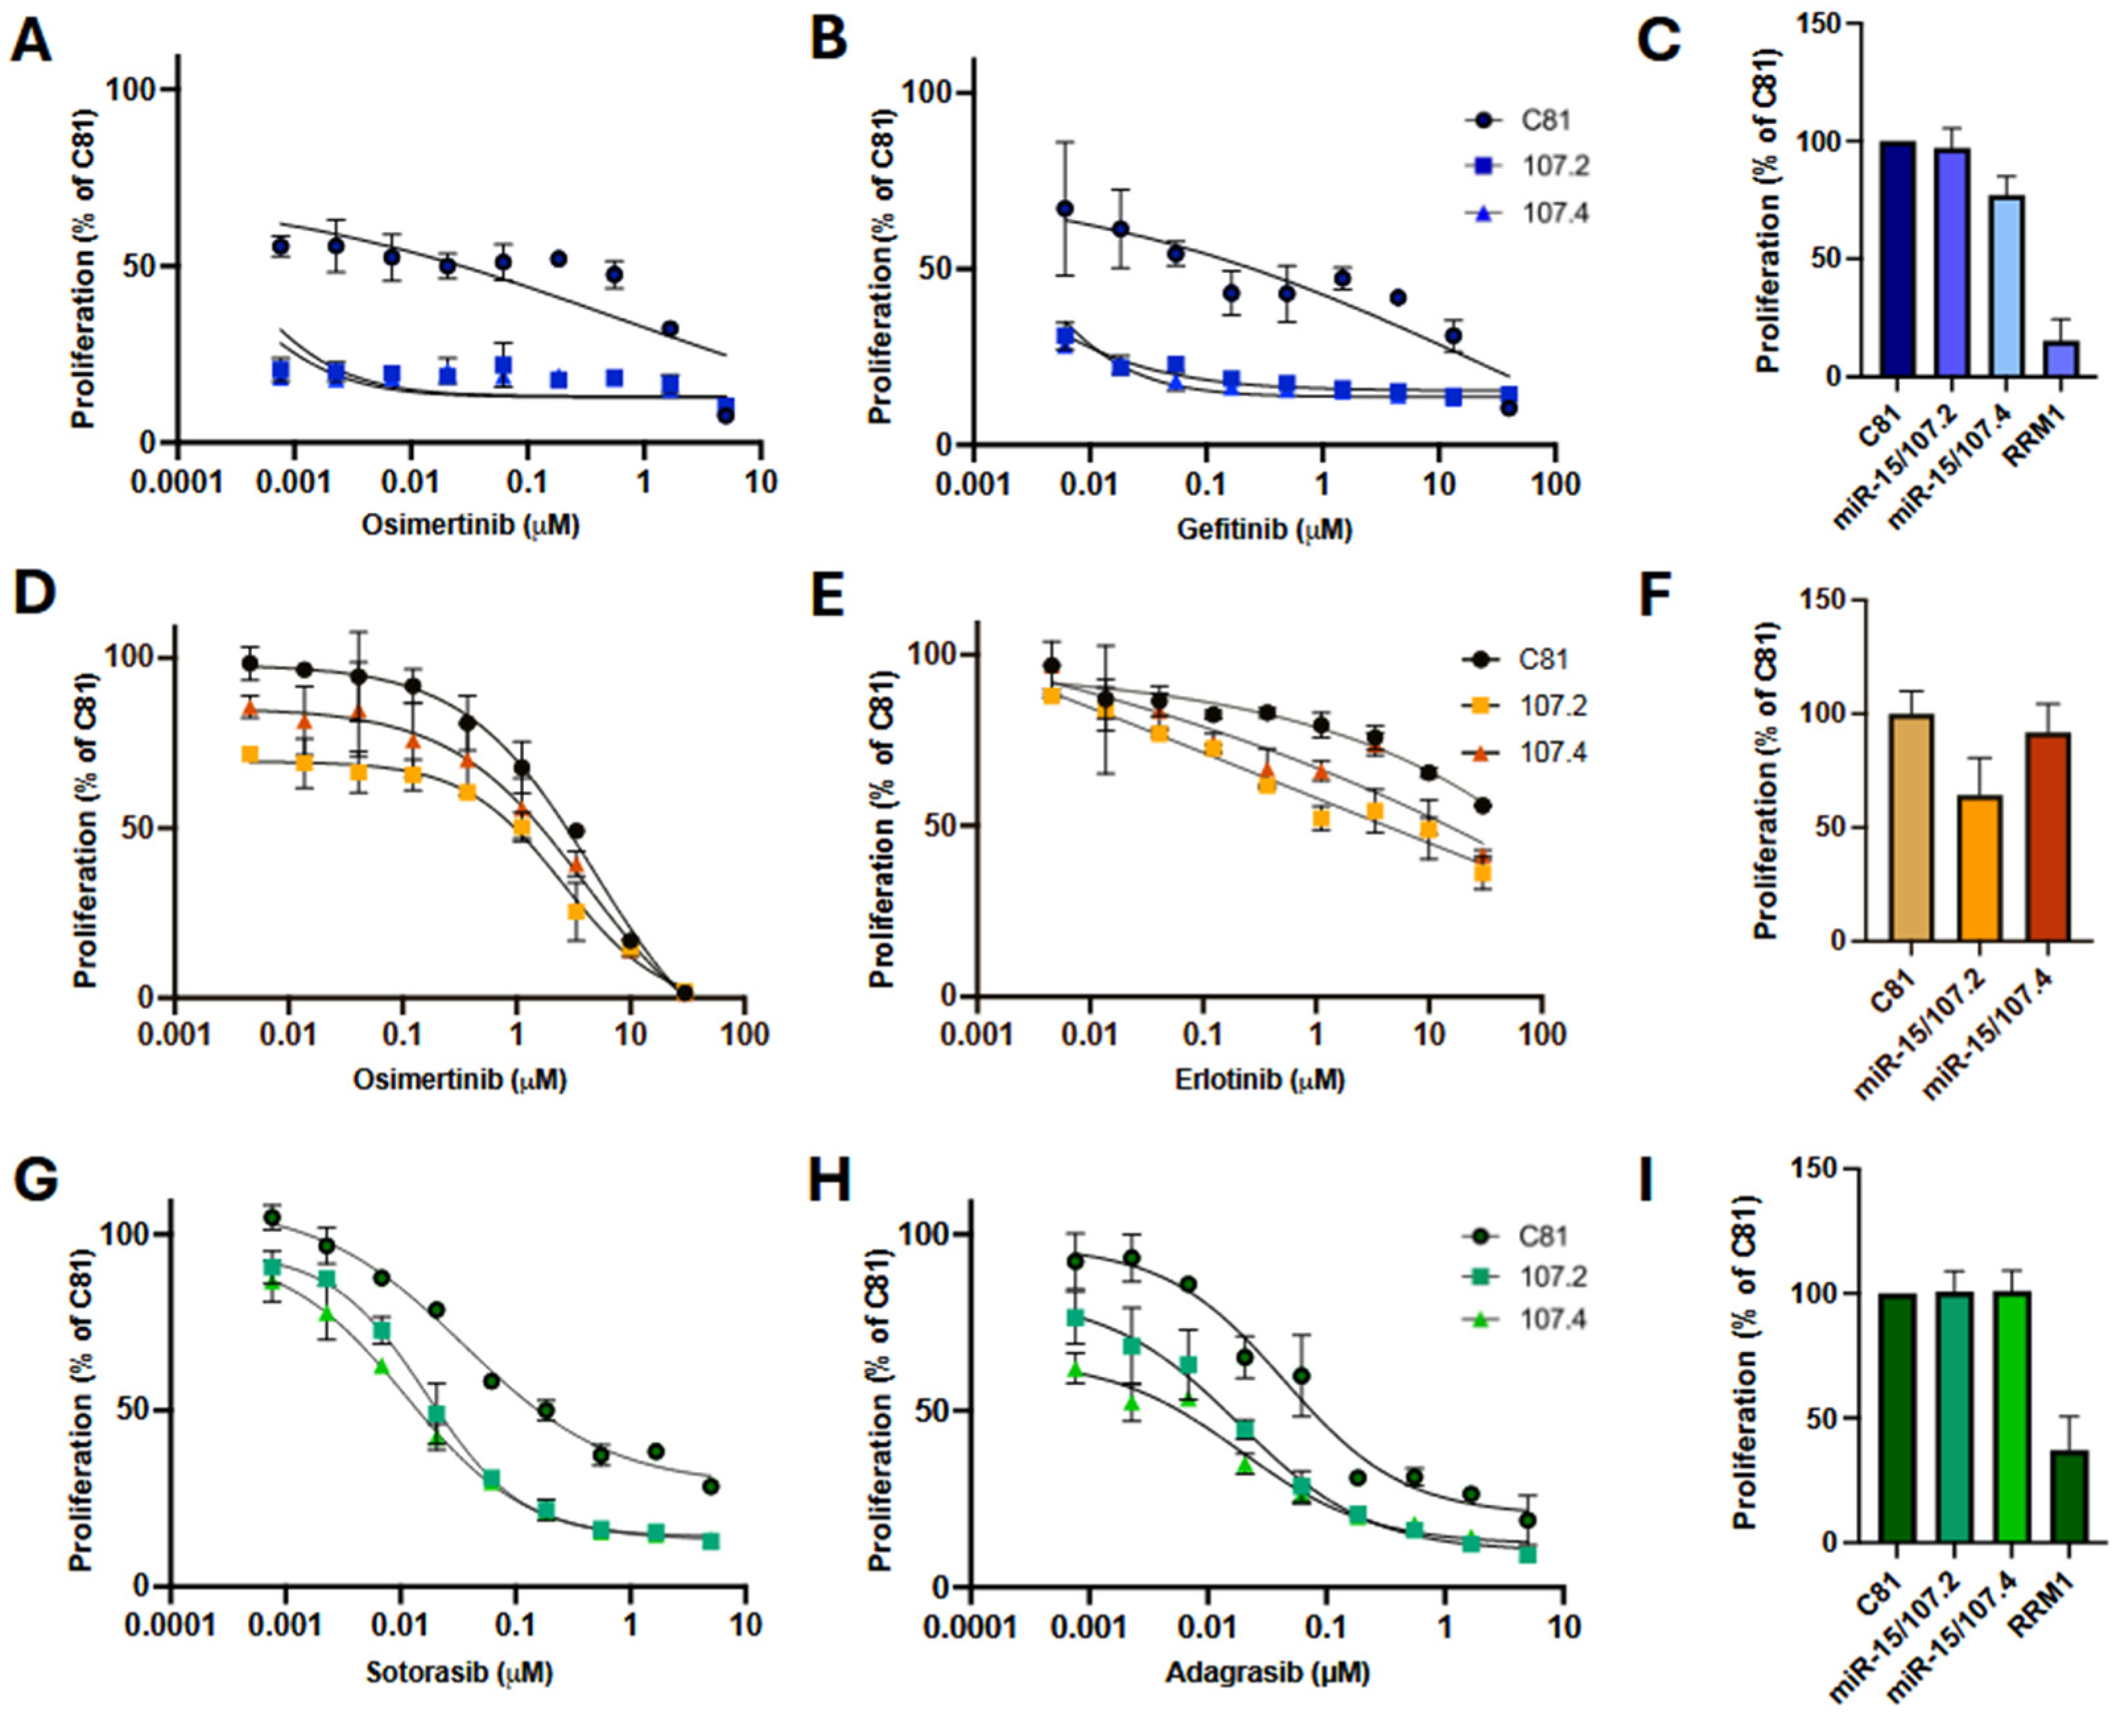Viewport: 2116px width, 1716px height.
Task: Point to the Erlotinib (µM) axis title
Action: (1259, 1080)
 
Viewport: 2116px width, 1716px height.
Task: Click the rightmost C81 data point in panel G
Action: (710, 1486)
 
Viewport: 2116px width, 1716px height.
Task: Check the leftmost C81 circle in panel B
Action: (1065, 208)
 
